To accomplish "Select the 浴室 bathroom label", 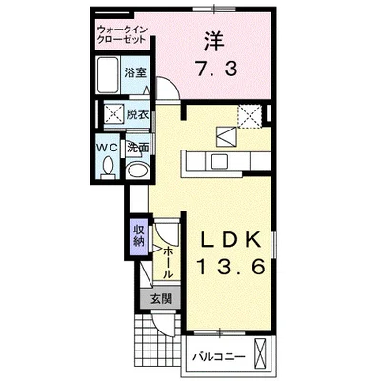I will tap(135, 71).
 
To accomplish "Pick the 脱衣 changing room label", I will tap(138, 114).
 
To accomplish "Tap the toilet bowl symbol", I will tap(109, 170).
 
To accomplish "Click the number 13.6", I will tap(227, 270).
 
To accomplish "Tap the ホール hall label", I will tap(168, 260).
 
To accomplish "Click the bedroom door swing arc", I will tap(168, 93).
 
